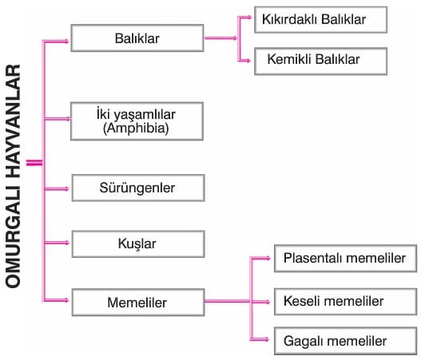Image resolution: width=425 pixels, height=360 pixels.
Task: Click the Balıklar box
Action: tap(137, 38)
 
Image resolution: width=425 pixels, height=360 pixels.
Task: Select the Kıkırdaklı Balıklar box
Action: tap(320, 20)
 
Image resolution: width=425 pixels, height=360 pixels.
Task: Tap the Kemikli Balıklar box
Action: tap(320, 61)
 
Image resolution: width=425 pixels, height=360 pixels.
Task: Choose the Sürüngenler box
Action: tap(138, 188)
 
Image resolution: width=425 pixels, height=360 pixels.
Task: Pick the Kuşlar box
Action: tap(138, 243)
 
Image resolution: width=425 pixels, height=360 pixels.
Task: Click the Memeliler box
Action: tap(138, 303)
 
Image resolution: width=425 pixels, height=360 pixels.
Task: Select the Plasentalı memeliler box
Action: tap(345, 258)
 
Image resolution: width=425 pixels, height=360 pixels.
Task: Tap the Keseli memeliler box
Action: tap(345, 302)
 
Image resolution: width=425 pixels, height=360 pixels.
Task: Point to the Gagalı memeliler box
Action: tap(345, 341)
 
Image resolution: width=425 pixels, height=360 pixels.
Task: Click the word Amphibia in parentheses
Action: tap(136, 129)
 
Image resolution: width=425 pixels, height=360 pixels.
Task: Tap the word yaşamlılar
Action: tap(144, 115)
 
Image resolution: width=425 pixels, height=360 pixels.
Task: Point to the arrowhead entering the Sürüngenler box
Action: tap(66, 189)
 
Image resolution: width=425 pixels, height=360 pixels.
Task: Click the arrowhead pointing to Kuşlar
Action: tap(66, 243)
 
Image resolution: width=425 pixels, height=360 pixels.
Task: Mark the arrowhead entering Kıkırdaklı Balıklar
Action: tap(248, 18)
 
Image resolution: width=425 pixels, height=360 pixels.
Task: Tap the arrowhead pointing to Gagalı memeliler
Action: tap(267, 339)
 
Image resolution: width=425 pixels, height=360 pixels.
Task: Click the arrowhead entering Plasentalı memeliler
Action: tap(268, 258)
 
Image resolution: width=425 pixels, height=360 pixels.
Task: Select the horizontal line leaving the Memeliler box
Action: tap(228, 301)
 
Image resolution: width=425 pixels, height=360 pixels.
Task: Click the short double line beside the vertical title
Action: tap(34, 163)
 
